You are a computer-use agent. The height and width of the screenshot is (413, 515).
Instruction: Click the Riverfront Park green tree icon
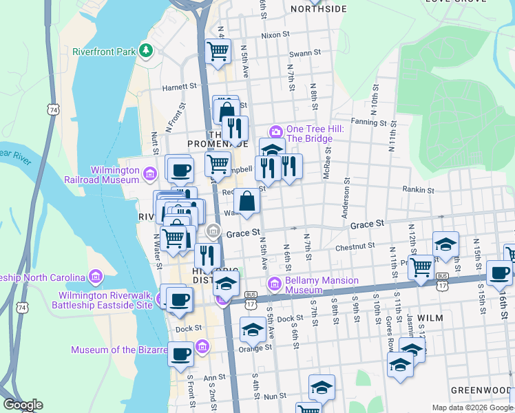[x=145, y=50]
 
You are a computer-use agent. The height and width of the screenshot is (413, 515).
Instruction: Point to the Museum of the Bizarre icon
[x=202, y=346]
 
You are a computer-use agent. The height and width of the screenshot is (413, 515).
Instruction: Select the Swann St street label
[x=305, y=52]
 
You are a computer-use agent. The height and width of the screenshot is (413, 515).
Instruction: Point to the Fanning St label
[x=369, y=122]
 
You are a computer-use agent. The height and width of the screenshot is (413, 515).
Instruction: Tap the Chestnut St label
[x=355, y=245]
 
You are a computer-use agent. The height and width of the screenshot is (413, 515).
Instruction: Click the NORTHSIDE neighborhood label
[x=319, y=8]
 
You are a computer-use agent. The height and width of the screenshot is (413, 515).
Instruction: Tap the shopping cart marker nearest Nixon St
[x=218, y=50]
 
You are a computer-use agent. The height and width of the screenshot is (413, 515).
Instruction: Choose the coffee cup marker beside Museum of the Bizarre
[x=180, y=354]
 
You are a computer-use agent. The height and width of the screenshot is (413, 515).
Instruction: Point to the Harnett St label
[x=180, y=87]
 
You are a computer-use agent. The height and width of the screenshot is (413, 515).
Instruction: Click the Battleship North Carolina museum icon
[x=95, y=277]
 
